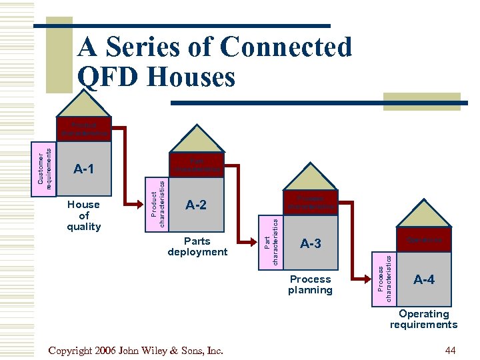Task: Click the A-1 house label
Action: click(x=83, y=169)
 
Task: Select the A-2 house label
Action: click(x=196, y=205)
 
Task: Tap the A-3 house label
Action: click(x=310, y=244)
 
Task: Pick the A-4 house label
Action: click(x=424, y=279)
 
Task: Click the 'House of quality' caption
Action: click(x=83, y=215)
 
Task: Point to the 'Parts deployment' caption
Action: click(x=197, y=247)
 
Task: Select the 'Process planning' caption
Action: click(x=310, y=285)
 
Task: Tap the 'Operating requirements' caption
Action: click(x=423, y=319)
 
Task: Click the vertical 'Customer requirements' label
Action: click(x=45, y=169)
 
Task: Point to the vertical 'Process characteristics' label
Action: click(x=385, y=279)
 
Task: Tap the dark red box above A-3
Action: click(x=310, y=203)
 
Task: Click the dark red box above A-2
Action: click(x=196, y=165)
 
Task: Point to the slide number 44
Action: click(x=450, y=351)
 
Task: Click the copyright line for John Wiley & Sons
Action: click(x=136, y=351)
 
